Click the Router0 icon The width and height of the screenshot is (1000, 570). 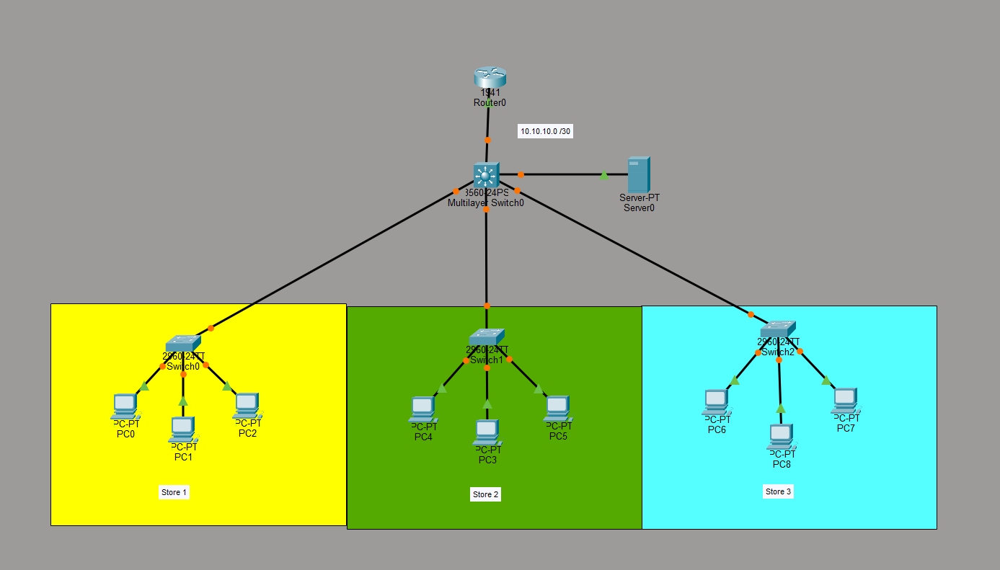tap(490, 77)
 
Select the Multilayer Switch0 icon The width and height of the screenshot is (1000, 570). tap(486, 175)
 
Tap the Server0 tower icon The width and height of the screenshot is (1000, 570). tap(638, 174)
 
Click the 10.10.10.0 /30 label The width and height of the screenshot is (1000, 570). tap(546, 131)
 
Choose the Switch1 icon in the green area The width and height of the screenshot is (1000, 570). tap(487, 337)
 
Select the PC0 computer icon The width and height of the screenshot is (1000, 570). tap(125, 406)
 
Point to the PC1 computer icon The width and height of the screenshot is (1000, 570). tap(182, 429)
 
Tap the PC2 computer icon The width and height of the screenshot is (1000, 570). tap(246, 405)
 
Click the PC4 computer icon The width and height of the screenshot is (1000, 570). tap(422, 409)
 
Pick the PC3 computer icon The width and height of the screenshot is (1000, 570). tap(487, 432)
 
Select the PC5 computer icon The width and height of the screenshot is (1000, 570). tap(557, 408)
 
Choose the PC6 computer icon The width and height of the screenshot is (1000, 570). tap(716, 401)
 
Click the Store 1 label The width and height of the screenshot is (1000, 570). tap(174, 493)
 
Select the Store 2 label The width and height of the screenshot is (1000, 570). tap(485, 494)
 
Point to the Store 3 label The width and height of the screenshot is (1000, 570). tap(778, 491)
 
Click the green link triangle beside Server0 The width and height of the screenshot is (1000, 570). tap(604, 175)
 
